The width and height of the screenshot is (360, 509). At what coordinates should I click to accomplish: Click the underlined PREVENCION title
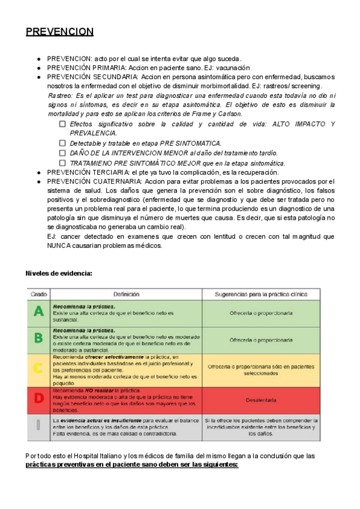pos(59,32)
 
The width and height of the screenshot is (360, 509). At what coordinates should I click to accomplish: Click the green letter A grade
pos(38,312)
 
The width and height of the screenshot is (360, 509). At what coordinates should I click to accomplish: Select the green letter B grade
pos(38,337)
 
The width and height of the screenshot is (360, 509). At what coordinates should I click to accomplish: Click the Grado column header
pos(39,294)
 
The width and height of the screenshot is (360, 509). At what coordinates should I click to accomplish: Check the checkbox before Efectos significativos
pos(62,124)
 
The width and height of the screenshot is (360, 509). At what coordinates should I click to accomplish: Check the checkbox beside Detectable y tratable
pos(62,143)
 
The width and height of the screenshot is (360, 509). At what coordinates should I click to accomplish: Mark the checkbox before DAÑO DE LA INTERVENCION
pos(62,153)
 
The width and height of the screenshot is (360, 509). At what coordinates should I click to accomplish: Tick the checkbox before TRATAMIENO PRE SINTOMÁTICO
pos(62,163)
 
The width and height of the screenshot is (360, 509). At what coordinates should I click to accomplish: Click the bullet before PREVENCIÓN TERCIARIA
pos(39,172)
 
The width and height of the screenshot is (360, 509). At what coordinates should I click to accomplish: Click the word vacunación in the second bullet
pos(230,68)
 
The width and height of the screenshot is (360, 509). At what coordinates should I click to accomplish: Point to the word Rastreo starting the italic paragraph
pos(60,96)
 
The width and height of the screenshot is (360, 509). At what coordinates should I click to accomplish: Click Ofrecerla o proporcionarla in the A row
pos(261,313)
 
